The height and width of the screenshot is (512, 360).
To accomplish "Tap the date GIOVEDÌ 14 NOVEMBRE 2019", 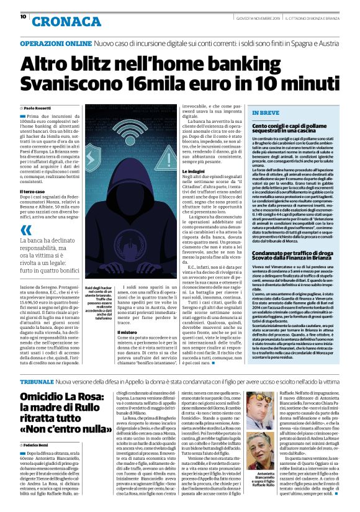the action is click(254, 19).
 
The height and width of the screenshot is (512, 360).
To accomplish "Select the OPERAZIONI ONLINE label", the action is click(55, 45).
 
